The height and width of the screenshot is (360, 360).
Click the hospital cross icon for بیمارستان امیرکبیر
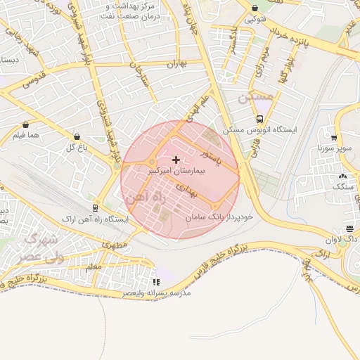176,160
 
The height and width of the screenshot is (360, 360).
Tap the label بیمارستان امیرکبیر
176,171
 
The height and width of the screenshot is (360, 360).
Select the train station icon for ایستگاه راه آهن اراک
96,208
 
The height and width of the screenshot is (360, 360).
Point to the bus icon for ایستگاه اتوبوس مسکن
260,119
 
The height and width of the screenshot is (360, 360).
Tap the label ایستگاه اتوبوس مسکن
260,130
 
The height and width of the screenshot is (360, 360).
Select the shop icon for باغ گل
77,136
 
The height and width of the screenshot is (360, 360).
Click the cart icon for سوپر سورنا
333,138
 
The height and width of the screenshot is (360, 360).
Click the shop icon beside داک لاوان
349,229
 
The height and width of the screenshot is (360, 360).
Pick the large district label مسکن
254,98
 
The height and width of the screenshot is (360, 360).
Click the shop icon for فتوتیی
255,8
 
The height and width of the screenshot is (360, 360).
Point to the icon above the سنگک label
342,176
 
